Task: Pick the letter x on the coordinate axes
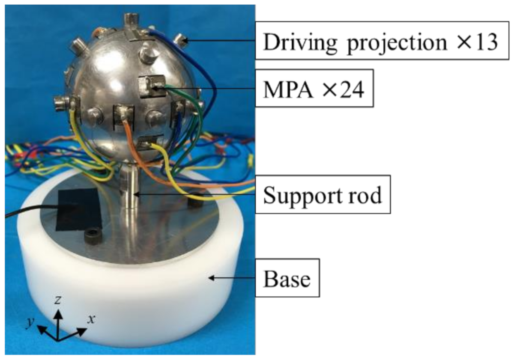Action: [x=90, y=319]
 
